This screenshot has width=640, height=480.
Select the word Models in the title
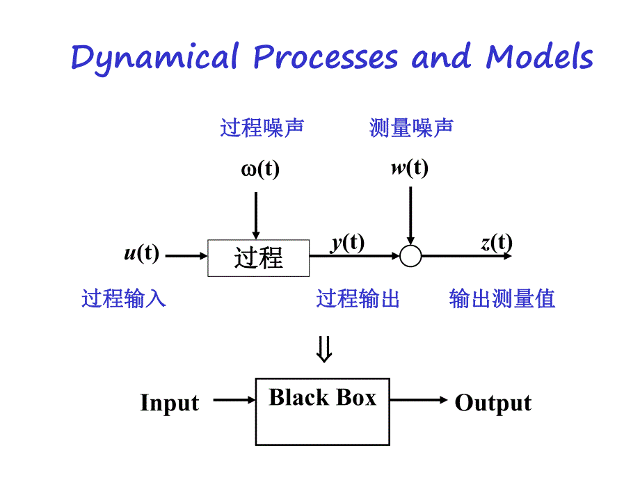pyautogui.click(x=539, y=56)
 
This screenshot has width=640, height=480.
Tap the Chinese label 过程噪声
pyautogui.click(x=262, y=128)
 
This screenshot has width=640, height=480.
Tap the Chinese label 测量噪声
pyautogui.click(x=411, y=128)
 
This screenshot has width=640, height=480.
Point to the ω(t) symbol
pyautogui.click(x=260, y=170)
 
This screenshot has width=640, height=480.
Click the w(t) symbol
pyautogui.click(x=409, y=168)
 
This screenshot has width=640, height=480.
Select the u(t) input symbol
pyautogui.click(x=141, y=253)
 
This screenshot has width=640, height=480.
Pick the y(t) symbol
pyautogui.click(x=346, y=243)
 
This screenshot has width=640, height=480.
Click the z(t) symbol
pyautogui.click(x=496, y=243)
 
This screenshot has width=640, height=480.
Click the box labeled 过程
pyautogui.click(x=259, y=258)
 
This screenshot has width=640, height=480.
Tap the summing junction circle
pyautogui.click(x=410, y=257)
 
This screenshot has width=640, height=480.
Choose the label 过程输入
pyautogui.click(x=124, y=299)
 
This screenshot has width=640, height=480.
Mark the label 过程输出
pyautogui.click(x=358, y=299)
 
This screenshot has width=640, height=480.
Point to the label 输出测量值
pyautogui.click(x=502, y=299)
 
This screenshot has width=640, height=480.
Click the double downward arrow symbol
pyautogui.click(x=324, y=350)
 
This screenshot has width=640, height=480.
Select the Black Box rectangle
pyautogui.click(x=323, y=411)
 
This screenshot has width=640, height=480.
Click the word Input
pyautogui.click(x=169, y=403)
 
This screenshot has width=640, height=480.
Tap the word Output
pyautogui.click(x=493, y=403)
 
